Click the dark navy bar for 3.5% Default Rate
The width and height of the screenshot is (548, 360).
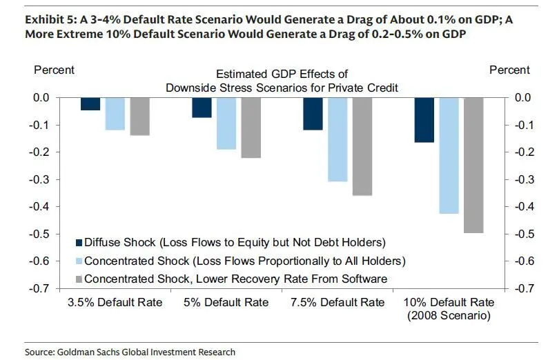(90, 104)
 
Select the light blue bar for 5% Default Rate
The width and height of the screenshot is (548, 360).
(226, 123)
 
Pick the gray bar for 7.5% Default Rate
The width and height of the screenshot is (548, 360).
(362, 146)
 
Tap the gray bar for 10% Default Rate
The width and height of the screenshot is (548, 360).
(473, 165)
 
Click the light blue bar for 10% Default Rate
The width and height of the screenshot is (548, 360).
(449, 155)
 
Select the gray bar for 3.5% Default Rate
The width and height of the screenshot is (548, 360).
(140, 116)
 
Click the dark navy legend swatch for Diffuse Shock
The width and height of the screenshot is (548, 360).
(79, 242)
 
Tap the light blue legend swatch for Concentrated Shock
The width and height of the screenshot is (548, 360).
(79, 261)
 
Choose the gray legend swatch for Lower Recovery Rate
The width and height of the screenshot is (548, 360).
(79, 279)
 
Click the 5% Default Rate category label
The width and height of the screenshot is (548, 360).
(226, 303)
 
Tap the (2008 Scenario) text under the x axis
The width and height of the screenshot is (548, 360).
(449, 317)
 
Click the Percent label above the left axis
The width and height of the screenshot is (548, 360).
(54, 70)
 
